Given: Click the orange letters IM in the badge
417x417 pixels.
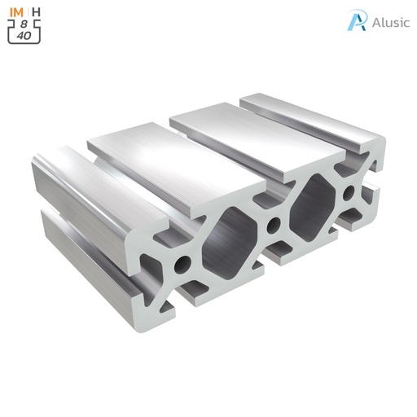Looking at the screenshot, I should [x=16, y=12].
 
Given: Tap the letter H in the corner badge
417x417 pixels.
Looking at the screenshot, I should [x=37, y=12].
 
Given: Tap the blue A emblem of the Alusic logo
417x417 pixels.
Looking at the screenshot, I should [x=357, y=20].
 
